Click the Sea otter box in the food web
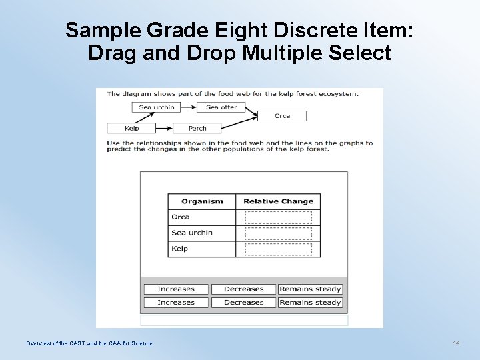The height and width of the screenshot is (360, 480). pyautogui.click(x=221, y=107)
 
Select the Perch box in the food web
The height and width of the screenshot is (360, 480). pyautogui.click(x=197, y=128)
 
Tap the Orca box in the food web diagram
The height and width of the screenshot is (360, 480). pyautogui.click(x=282, y=116)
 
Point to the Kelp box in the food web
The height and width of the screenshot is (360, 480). pyautogui.click(x=131, y=128)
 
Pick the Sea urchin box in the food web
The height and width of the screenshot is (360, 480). pyautogui.click(x=157, y=107)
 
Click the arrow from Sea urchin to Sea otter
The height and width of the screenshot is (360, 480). pyautogui.click(x=189, y=107)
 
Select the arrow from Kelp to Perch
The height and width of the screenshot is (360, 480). pyautogui.click(x=164, y=128)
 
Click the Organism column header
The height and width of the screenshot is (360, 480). pyautogui.click(x=202, y=201)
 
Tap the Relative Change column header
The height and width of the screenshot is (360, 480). pyautogui.click(x=278, y=201)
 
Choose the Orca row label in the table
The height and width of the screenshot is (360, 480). pyautogui.click(x=181, y=217)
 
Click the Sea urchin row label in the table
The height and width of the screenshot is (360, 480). pyautogui.click(x=192, y=233)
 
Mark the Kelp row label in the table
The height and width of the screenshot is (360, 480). pyautogui.click(x=180, y=249)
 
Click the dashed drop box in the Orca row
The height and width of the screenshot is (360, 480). pyautogui.click(x=278, y=217)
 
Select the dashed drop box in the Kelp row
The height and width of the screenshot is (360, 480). pyautogui.click(x=278, y=249)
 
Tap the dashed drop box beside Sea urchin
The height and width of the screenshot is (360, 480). pyautogui.click(x=278, y=233)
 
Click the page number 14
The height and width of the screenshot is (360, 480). pyautogui.click(x=456, y=343)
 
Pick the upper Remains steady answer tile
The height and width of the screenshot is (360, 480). pyautogui.click(x=310, y=289)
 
